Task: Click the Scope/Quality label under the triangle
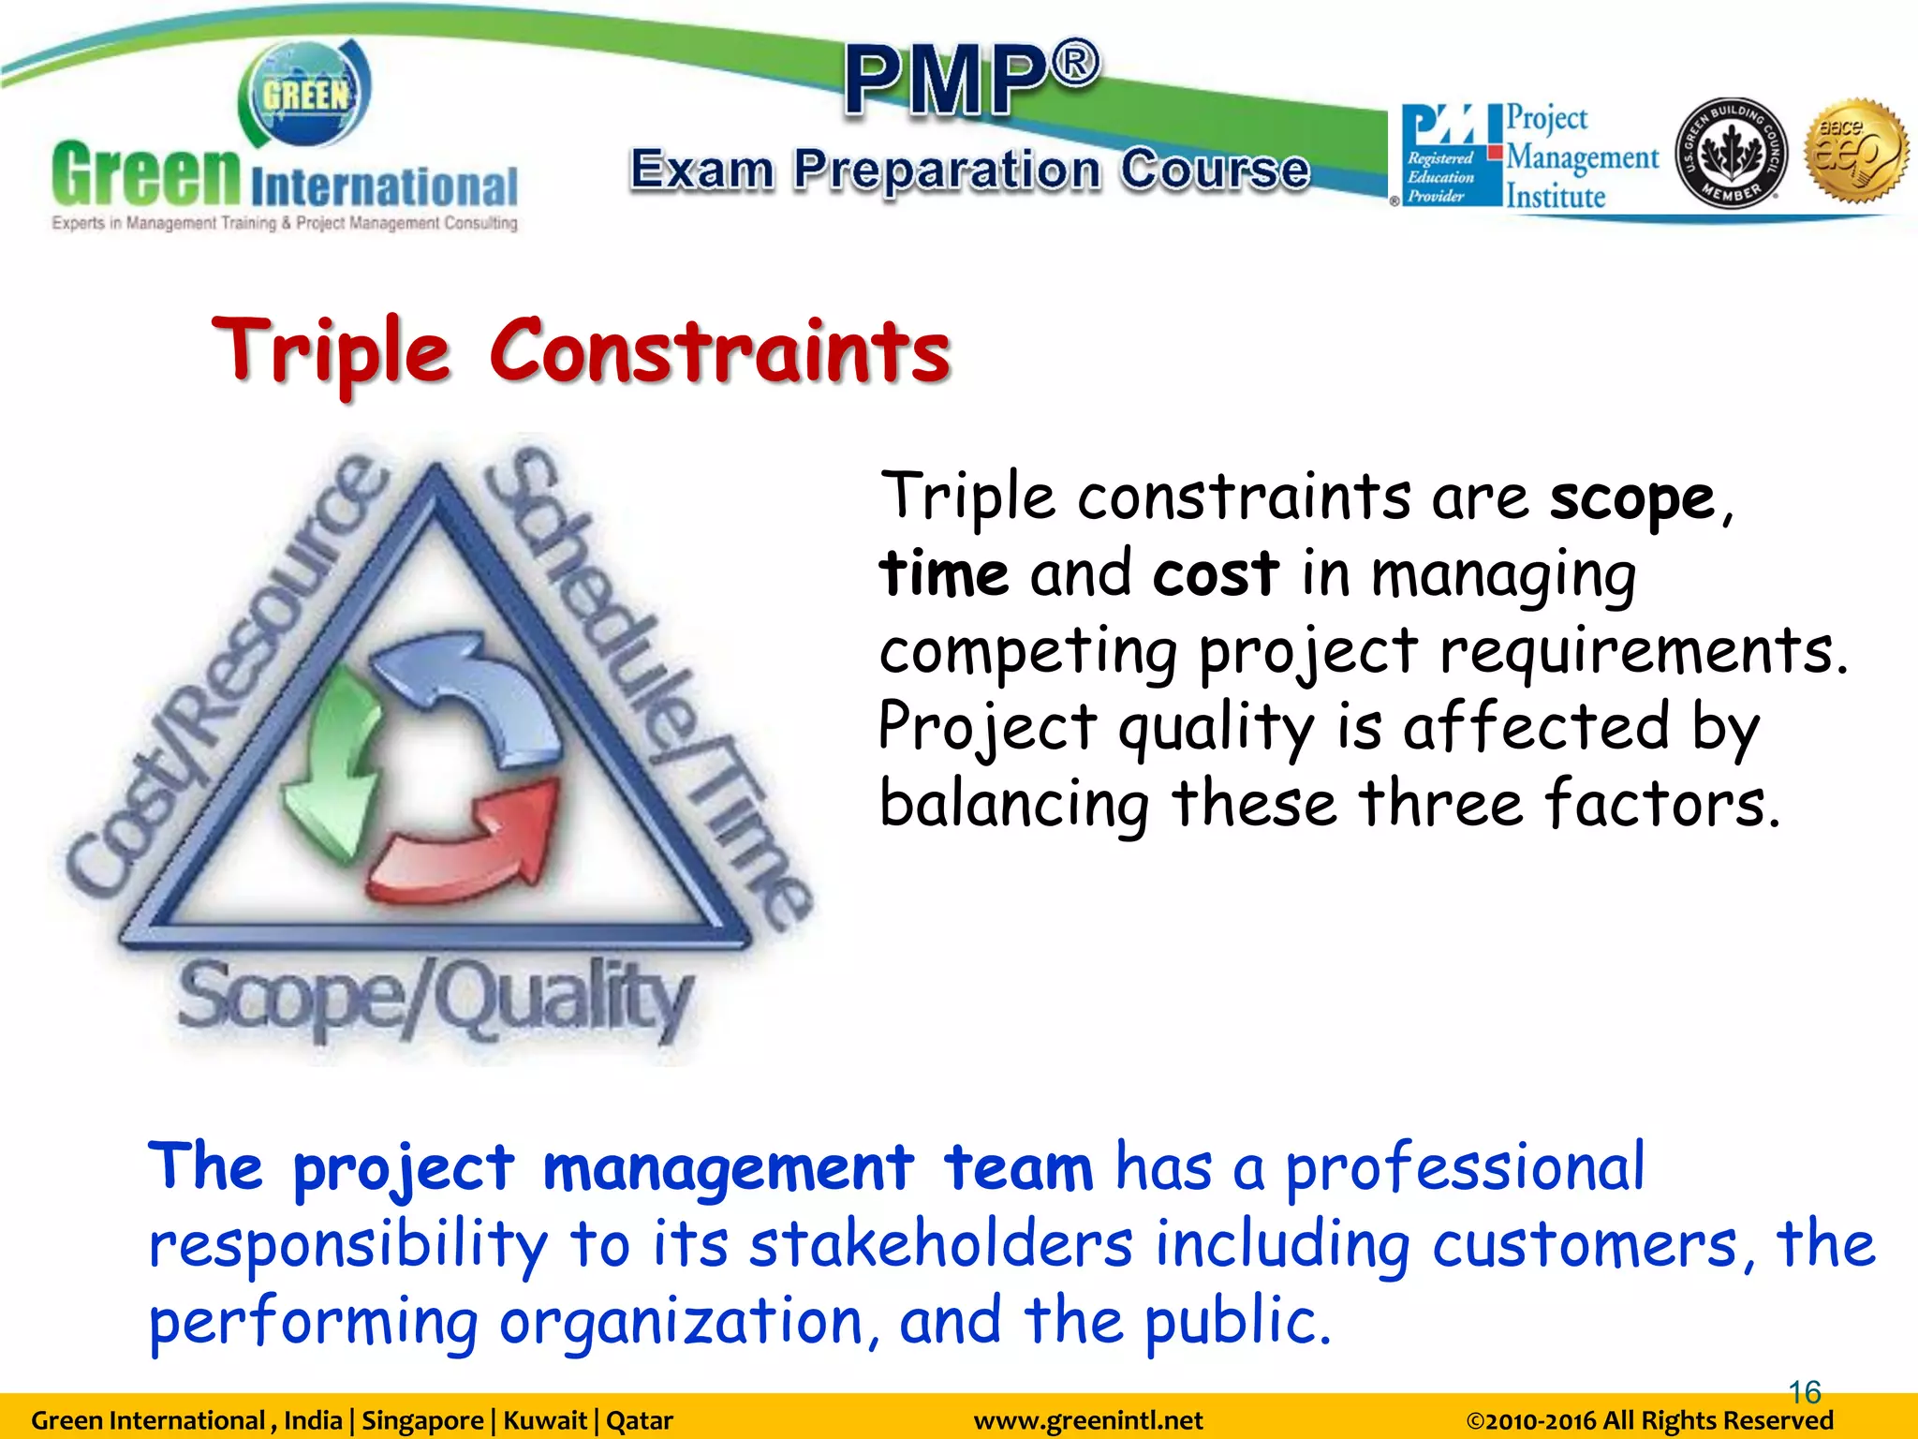(x=436, y=999)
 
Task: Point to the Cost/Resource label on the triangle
(x=225, y=675)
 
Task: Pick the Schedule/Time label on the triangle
(x=646, y=684)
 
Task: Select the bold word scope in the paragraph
(x=1631, y=497)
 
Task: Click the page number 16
(x=1805, y=1392)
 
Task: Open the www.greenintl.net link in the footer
(x=1088, y=1421)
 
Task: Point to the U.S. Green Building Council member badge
(x=1731, y=153)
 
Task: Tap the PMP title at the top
(x=972, y=80)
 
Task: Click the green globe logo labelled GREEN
(x=305, y=94)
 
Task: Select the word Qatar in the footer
(x=640, y=1421)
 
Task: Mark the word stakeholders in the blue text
(x=941, y=1245)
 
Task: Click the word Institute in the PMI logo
(x=1556, y=197)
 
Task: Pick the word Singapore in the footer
(x=422, y=1421)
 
